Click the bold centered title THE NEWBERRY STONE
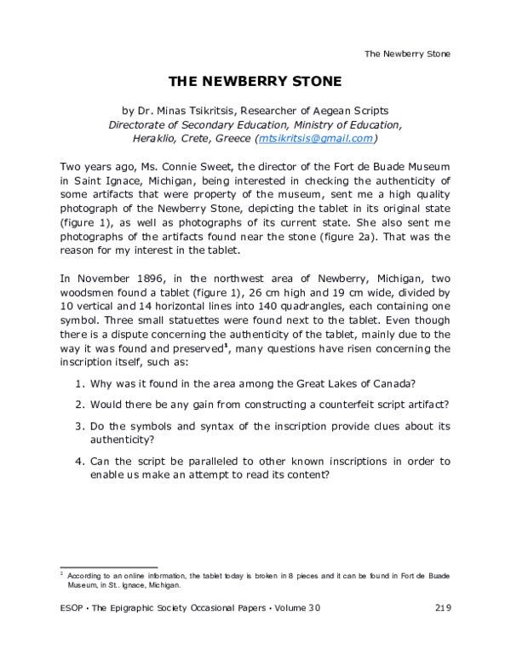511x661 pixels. click(255, 82)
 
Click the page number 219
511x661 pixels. click(441, 607)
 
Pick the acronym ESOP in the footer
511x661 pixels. click(74, 607)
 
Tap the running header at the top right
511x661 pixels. click(407, 54)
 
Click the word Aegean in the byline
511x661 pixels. click(315, 111)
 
